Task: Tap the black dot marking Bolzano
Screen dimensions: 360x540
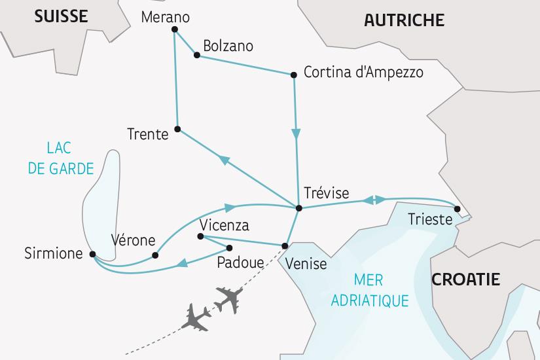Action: click(197, 55)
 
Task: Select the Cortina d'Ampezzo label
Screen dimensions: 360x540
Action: click(363, 72)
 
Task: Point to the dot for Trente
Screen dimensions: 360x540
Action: click(178, 128)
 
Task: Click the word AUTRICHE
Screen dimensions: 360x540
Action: click(404, 20)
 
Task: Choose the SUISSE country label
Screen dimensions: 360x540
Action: click(61, 16)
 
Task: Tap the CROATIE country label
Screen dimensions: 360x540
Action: click(465, 279)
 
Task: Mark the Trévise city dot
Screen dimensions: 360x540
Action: click(299, 208)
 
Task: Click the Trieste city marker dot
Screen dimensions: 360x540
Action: click(458, 209)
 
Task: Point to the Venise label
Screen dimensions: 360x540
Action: click(306, 264)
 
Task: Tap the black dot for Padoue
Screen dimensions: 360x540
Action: click(230, 247)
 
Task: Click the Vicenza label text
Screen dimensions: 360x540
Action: click(225, 225)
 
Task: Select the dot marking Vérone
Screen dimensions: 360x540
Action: click(155, 255)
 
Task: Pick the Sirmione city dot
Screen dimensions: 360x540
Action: click(92, 254)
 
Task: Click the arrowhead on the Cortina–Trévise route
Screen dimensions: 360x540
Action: click(297, 135)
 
